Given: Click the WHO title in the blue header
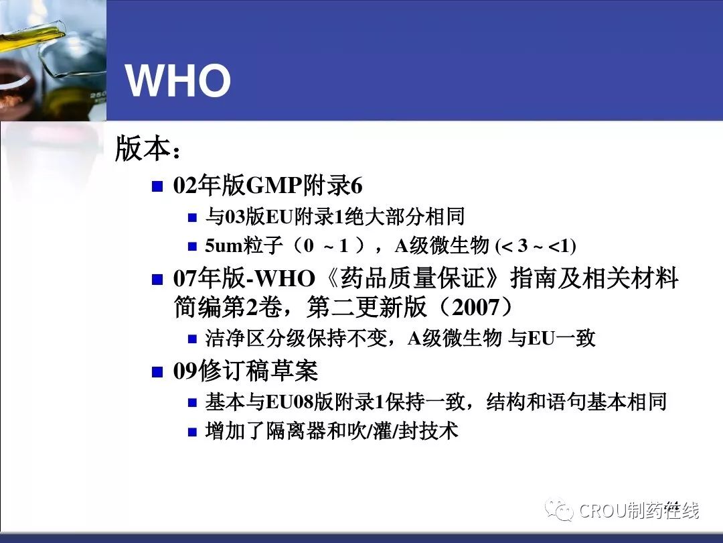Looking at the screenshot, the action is pos(178,80).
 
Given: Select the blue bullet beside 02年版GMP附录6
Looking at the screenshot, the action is pos(158,186).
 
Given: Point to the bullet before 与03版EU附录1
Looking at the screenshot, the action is pos(193,217).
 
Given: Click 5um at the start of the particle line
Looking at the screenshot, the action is pos(224,245).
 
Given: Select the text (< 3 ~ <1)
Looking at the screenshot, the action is pos(536,245).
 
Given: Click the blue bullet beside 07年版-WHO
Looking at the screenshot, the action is pos(158,280).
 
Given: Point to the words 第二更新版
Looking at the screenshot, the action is pos(367,307).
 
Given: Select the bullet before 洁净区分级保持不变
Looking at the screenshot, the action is pos(193,339).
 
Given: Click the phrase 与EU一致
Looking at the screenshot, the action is pos(552,339).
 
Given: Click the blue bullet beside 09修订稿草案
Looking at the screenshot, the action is pos(158,371).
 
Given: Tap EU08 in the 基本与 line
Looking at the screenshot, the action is pos(290,402).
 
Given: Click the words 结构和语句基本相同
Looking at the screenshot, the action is pos(576,402).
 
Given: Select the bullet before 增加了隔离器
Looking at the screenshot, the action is pos(193,432).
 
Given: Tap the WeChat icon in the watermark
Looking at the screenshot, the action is pos(558,509).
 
